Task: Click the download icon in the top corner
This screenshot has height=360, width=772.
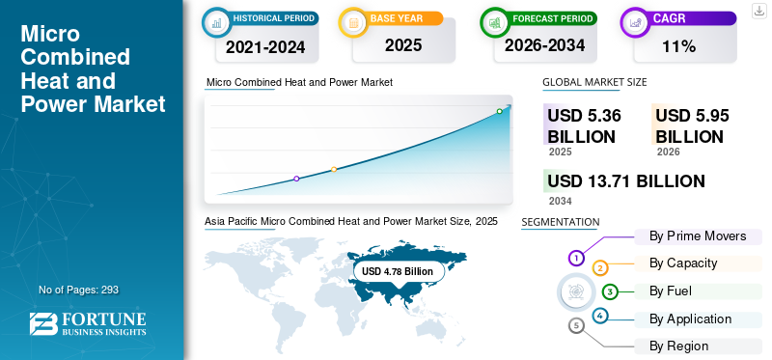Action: coord(759,11)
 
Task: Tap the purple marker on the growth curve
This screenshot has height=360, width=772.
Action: coord(296,179)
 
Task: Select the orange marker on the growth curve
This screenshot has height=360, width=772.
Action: coord(334,170)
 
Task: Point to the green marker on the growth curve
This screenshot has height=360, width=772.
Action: coord(499,111)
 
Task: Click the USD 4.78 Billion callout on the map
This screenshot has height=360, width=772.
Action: coord(398,271)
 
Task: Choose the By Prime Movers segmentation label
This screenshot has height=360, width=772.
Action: coord(698,236)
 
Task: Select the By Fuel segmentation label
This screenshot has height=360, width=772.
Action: coord(670,291)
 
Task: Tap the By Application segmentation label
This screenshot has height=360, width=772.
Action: coord(690,319)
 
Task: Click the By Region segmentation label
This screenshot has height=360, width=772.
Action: coord(678,346)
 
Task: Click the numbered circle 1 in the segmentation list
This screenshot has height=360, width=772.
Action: coord(576,258)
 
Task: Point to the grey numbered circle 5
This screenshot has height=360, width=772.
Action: coord(576,325)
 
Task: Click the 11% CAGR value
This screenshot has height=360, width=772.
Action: coord(678,46)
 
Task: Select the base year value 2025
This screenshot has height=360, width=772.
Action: coord(403,45)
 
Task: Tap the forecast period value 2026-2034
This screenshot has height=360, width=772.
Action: coord(544,45)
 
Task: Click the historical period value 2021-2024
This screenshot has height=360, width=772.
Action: coord(265,47)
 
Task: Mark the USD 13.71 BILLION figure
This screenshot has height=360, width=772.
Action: coord(626,181)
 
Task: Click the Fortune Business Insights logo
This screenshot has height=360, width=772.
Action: coord(88,323)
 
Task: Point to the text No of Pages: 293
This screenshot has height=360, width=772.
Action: coord(78,290)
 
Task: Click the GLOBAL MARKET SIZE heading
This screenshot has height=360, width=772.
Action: coord(594,82)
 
